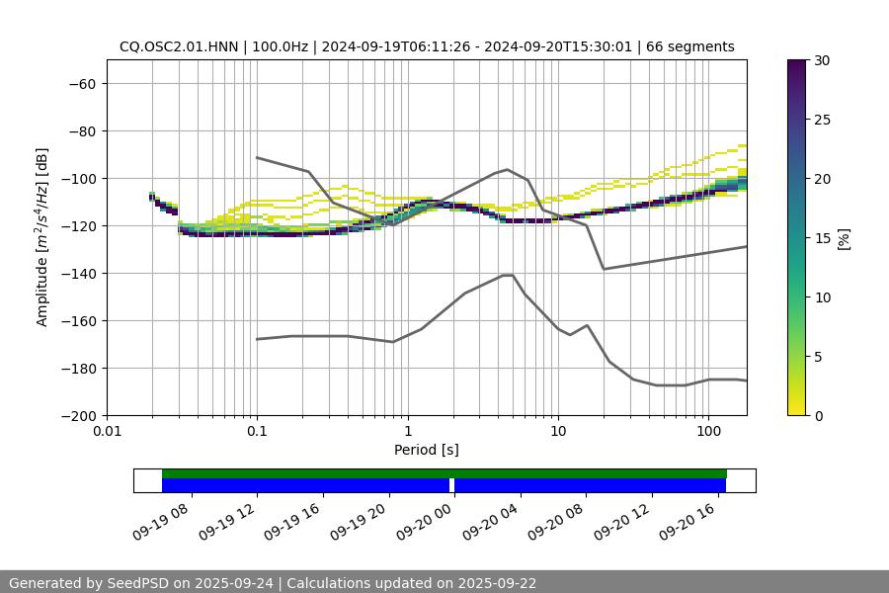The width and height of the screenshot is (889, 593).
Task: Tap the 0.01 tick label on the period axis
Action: pos(107,432)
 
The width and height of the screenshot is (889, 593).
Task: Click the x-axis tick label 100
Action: pos(708,432)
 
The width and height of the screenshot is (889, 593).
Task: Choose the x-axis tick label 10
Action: pos(558,432)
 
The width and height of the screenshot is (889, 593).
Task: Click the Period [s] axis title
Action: pos(427,450)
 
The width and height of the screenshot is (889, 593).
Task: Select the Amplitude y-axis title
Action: pos(42,237)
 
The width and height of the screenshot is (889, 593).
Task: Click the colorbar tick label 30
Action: pos(821,60)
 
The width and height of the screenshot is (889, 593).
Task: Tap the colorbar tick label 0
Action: pos(817,415)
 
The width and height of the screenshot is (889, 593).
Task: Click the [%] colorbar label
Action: pos(844,238)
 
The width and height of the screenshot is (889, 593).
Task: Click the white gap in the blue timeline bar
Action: pos(451,485)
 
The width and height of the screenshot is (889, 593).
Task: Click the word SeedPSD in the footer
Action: pos(138,583)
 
